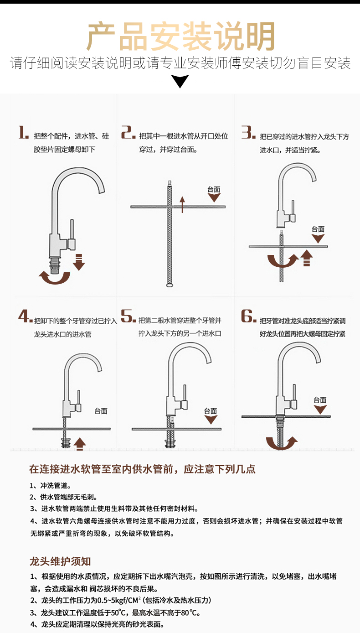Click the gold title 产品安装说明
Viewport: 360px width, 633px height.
point(180,36)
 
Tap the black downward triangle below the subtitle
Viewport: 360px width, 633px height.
point(180,81)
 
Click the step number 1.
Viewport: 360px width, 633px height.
point(23,133)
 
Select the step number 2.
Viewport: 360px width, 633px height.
point(128,133)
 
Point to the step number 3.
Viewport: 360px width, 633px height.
point(248,133)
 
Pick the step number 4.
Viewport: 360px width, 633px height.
point(25,316)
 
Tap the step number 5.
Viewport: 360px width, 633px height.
point(128,316)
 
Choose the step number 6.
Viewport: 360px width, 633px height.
point(248,316)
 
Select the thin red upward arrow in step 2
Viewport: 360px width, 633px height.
point(182,204)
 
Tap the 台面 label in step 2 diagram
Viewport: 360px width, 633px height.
point(214,189)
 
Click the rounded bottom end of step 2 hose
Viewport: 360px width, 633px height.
point(170,286)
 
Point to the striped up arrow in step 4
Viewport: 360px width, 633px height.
point(80,443)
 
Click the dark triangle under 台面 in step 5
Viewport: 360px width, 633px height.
point(211,420)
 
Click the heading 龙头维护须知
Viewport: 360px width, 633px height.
point(60,561)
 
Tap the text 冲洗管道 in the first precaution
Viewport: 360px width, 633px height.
point(56,485)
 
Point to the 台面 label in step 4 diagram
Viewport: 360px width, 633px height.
point(101,411)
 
